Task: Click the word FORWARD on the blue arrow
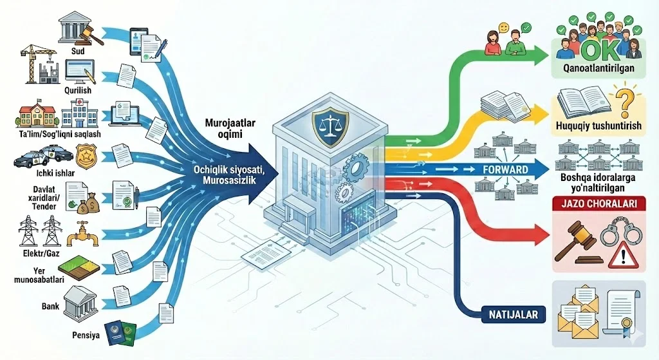pos(505,170)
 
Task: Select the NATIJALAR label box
pos(512,316)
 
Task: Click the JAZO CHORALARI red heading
pos(598,204)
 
